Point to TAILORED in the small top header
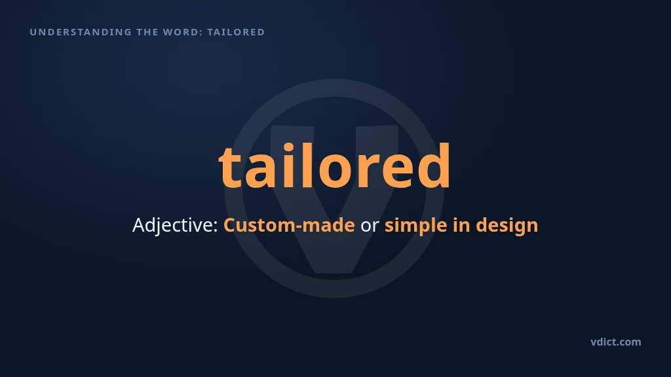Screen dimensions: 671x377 [236, 32]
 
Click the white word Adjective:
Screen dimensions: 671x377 [176, 225]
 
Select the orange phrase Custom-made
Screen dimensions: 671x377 [289, 225]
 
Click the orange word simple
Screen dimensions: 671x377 [416, 226]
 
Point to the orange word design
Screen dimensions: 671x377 [507, 226]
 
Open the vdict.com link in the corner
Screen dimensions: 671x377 [616, 342]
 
